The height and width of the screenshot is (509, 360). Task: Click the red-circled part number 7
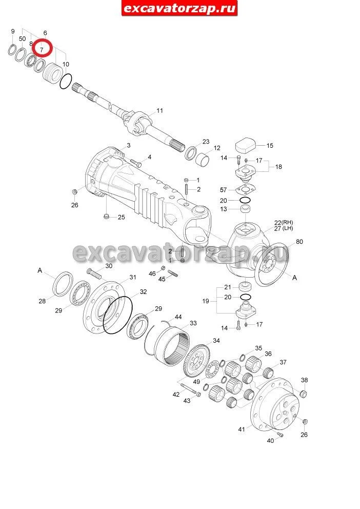(x=41, y=50)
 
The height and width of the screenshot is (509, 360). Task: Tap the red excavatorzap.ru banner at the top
(x=179, y=8)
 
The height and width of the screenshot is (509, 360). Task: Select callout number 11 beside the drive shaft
(x=159, y=111)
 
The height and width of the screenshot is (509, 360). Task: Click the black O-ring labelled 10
(x=66, y=81)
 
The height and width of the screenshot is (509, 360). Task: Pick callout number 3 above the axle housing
(x=129, y=145)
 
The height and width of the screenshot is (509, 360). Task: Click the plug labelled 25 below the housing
(x=106, y=216)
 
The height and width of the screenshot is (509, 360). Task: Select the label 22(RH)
(x=284, y=223)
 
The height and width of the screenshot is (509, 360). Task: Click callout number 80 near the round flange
(x=299, y=242)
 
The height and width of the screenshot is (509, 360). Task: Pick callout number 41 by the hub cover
(x=242, y=429)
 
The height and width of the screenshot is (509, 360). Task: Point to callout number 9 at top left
(x=13, y=31)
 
